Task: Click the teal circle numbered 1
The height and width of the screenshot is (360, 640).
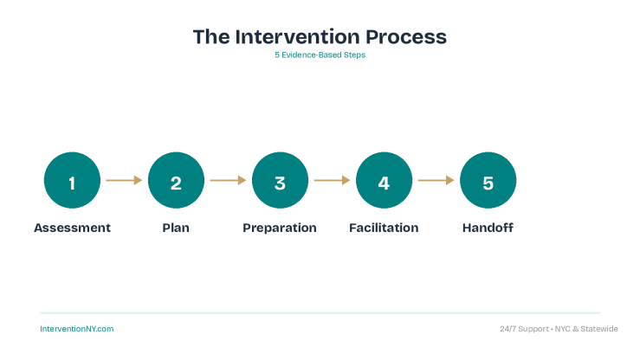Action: click(x=72, y=181)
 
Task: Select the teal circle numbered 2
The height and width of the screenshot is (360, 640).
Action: click(x=176, y=181)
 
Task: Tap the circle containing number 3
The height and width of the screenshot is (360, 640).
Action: click(x=280, y=181)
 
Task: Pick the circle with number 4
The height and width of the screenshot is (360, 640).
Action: click(x=384, y=181)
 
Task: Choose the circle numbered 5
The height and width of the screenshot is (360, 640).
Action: click(x=488, y=181)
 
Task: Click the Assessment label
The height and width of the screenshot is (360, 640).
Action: click(x=72, y=228)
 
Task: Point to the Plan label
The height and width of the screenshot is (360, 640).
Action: click(x=176, y=228)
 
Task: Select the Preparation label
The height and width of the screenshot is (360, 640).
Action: click(x=280, y=228)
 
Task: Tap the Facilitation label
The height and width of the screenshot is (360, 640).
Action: click(x=384, y=228)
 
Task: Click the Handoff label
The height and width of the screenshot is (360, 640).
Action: click(x=488, y=228)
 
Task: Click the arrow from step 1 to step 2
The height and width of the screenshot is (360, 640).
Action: click(x=124, y=181)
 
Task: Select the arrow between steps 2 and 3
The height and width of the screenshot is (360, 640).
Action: click(x=228, y=181)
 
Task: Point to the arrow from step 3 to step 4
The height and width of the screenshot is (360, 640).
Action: click(x=332, y=181)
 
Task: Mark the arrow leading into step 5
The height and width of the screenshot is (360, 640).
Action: click(x=436, y=181)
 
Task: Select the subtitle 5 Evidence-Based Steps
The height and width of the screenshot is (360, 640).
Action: click(x=320, y=55)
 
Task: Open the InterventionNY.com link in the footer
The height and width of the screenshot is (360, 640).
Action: click(x=77, y=329)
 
